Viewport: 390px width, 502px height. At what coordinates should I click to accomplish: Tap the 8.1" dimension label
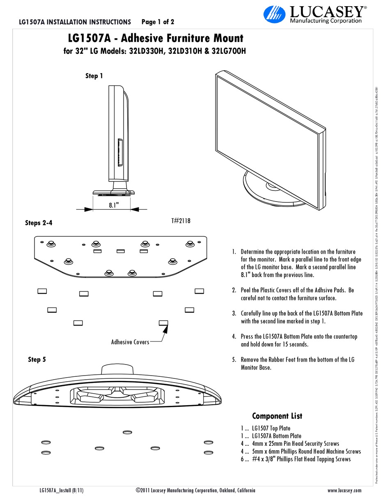click(114, 205)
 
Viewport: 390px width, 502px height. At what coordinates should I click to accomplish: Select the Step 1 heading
click(94, 76)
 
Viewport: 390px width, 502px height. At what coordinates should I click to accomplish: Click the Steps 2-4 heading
click(39, 223)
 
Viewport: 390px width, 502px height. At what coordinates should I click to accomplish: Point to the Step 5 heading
click(37, 360)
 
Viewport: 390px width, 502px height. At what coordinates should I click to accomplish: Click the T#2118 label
click(181, 221)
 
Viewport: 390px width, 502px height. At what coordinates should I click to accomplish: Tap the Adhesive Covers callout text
click(130, 342)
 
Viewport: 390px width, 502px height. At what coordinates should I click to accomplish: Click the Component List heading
click(277, 416)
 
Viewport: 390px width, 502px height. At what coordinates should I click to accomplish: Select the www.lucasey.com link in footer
click(344, 490)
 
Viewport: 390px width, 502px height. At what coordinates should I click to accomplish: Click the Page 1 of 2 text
click(158, 22)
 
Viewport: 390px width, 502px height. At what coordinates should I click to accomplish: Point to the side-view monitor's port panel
click(119, 153)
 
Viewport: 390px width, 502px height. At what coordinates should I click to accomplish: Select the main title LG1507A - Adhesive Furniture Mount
click(155, 39)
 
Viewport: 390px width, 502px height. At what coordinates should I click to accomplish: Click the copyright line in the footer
click(195, 490)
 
